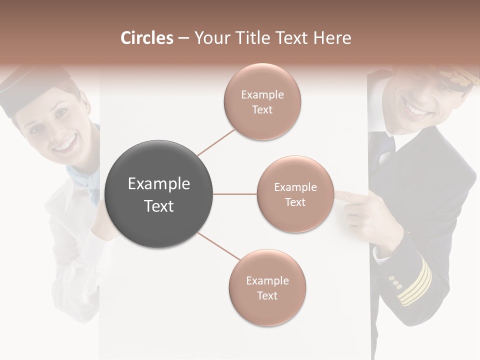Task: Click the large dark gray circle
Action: coord(158,194)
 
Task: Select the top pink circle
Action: coord(262,101)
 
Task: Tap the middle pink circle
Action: coord(295,194)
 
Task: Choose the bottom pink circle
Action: coord(267,287)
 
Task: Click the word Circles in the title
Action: coord(147,38)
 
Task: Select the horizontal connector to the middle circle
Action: coord(234,194)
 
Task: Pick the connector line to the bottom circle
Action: coord(218,246)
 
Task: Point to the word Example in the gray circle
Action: coord(158,184)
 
